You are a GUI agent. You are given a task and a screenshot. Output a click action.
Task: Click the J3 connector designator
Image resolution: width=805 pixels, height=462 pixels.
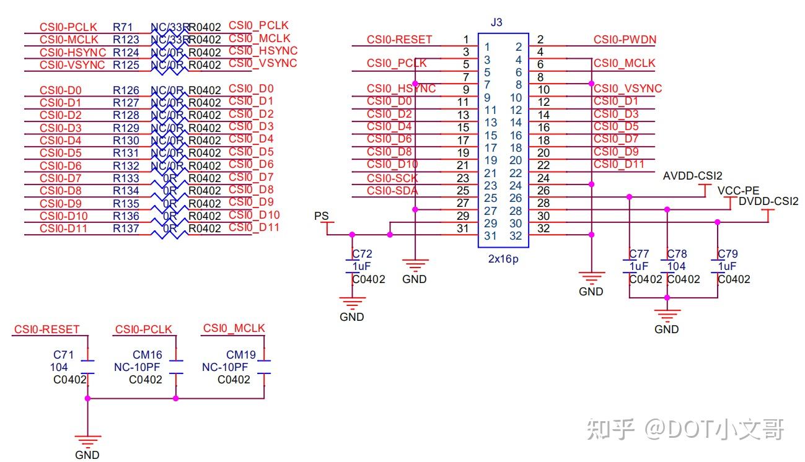tap(496, 23)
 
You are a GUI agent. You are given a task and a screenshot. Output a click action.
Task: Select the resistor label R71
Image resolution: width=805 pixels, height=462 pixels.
tap(122, 27)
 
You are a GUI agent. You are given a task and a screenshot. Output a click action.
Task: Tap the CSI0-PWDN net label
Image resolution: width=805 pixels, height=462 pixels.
tap(625, 40)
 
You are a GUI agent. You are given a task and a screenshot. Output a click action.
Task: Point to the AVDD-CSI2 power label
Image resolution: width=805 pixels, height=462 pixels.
tap(692, 176)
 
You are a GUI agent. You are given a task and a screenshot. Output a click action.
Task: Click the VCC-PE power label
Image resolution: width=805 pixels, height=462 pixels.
tap(738, 190)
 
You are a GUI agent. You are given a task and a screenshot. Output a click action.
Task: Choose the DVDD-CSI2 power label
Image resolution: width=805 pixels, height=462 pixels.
tap(768, 201)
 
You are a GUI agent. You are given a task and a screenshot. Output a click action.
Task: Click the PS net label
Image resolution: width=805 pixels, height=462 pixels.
tap(321, 216)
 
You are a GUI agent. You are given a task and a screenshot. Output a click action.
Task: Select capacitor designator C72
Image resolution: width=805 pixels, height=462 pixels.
tap(363, 254)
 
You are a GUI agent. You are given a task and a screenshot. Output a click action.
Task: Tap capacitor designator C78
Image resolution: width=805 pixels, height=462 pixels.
tap(677, 254)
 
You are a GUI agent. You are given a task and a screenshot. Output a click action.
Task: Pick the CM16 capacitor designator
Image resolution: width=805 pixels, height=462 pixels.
tap(147, 355)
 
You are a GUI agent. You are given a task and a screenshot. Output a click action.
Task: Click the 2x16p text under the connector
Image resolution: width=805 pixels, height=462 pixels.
tap(503, 259)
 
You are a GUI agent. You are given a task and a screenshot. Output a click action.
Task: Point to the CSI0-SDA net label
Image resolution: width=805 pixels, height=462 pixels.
tap(392, 190)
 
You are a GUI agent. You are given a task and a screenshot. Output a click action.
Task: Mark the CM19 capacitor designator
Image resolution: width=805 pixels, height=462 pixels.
tap(241, 355)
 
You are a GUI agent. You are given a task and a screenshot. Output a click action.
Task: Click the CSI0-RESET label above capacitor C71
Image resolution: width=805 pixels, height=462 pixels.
tap(47, 329)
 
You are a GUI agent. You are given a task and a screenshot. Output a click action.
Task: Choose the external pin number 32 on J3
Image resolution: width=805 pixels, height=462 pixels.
tap(544, 229)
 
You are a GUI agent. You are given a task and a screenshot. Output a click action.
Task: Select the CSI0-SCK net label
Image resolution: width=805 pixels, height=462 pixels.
tap(392, 178)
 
